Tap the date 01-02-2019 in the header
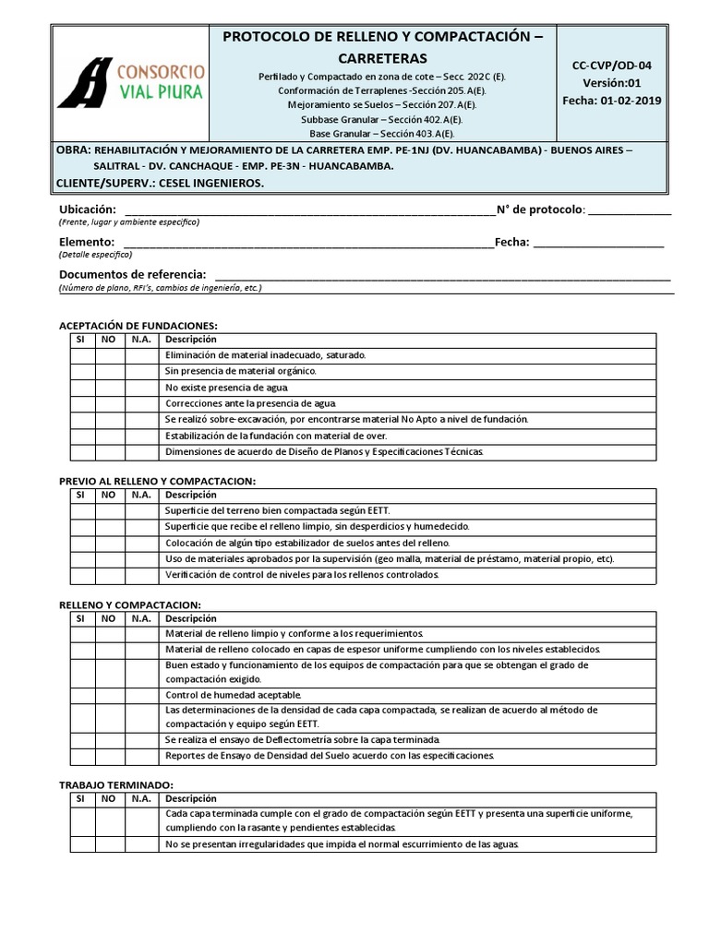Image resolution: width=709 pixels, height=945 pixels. (627, 100)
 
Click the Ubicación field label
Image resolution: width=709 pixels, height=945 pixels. (88, 209)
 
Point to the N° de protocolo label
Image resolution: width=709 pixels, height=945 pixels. (540, 209)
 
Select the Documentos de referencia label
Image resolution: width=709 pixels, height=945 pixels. (133, 275)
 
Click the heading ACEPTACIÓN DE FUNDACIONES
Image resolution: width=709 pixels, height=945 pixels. (138, 326)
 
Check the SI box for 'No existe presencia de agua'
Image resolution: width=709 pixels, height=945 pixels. (81, 387)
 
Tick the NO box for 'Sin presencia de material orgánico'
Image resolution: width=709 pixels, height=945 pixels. (108, 371)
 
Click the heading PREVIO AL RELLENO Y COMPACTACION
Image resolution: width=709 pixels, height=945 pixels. (157, 481)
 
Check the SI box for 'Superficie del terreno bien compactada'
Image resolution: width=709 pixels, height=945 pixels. (81, 510)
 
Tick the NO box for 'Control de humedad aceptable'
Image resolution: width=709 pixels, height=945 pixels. (108, 694)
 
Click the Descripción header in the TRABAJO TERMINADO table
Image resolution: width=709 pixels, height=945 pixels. (190, 798)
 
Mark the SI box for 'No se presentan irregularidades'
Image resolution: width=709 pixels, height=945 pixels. (81, 844)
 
